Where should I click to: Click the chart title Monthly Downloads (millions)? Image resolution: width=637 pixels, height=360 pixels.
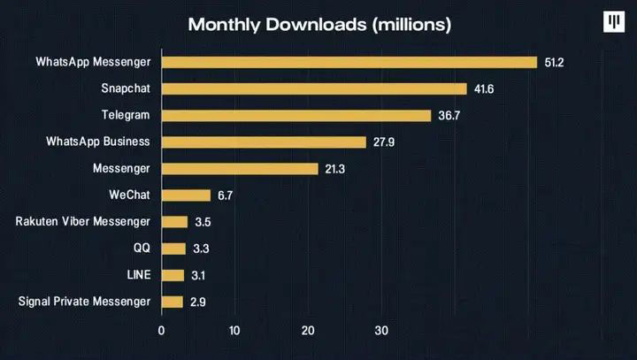pyautogui.click(x=319, y=25)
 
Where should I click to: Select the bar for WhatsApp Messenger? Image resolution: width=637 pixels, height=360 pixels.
pyautogui.click(x=349, y=62)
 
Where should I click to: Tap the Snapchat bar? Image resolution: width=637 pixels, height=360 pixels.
pyautogui.click(x=314, y=88)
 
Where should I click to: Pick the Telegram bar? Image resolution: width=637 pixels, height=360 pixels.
pyautogui.click(x=296, y=115)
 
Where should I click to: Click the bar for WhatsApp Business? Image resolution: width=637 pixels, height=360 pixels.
pyautogui.click(x=264, y=142)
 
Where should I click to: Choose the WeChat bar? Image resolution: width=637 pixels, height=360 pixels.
pyautogui.click(x=186, y=195)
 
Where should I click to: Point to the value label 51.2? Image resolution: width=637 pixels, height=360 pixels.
pyautogui.click(x=555, y=63)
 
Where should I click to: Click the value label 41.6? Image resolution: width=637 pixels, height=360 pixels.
pyautogui.click(x=484, y=89)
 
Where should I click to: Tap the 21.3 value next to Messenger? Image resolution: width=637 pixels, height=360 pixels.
pyautogui.click(x=335, y=169)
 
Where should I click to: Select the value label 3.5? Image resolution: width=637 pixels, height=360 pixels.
pyautogui.click(x=203, y=222)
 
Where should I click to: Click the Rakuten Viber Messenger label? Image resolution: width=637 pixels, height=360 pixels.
pyautogui.click(x=83, y=221)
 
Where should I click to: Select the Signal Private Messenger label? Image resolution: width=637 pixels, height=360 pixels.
pyautogui.click(x=84, y=302)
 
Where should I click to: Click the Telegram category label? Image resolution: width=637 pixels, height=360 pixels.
pyautogui.click(x=127, y=115)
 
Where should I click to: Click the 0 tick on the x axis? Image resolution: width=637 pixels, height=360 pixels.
pyautogui.click(x=161, y=332)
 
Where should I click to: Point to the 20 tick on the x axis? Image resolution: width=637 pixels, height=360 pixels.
pyautogui.click(x=308, y=332)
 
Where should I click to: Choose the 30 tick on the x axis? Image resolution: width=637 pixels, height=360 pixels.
pyautogui.click(x=381, y=332)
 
